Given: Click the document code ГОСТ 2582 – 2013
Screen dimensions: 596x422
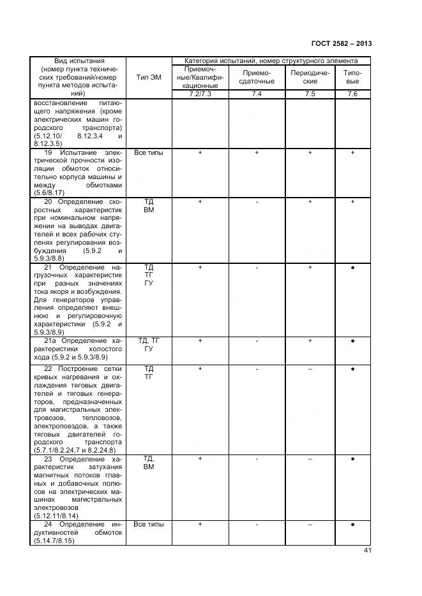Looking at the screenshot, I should (341, 43).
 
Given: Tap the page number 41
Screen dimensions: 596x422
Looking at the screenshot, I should (366, 551).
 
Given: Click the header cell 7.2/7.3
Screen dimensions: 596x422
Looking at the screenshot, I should (200, 94).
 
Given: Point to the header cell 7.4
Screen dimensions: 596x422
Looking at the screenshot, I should (257, 94).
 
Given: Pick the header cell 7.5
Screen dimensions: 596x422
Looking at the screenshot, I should (310, 94).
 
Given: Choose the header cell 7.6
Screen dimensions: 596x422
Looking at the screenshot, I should (352, 94).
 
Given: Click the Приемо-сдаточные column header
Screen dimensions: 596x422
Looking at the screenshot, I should (257, 78).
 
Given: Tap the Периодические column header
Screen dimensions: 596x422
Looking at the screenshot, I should (310, 78).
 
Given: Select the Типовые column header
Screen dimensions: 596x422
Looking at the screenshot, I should (352, 78).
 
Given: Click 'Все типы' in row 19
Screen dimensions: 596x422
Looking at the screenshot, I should (149, 154).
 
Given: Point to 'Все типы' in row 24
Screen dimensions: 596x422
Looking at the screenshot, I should (149, 525).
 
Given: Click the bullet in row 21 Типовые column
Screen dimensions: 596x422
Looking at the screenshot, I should (352, 268).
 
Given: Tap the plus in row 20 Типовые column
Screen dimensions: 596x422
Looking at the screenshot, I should (352, 202).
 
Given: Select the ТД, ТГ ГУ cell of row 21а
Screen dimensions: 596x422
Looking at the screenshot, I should (149, 345).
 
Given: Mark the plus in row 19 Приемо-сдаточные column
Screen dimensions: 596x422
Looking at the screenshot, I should (257, 154).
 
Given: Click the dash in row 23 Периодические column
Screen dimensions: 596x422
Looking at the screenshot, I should (310, 459).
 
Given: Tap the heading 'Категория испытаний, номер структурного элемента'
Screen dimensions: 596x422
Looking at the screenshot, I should (271, 61).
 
